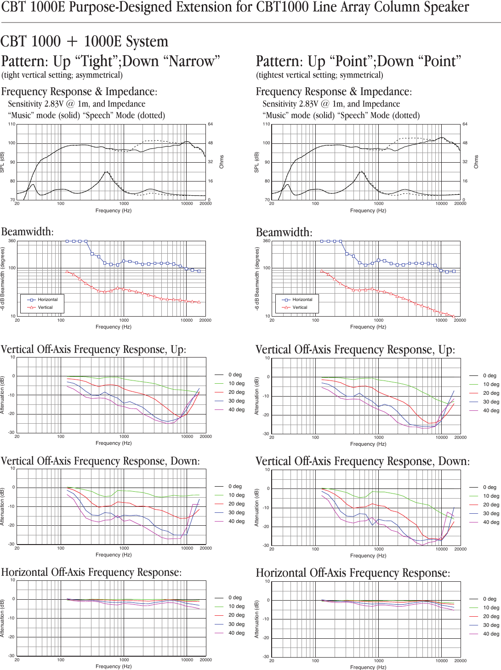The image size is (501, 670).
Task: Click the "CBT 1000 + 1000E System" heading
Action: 84,41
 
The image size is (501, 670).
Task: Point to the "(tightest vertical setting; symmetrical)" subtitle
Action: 319,75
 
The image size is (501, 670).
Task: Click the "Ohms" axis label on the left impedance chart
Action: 222,162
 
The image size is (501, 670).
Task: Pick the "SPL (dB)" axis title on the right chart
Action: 257,162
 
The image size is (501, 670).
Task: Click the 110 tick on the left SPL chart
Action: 11,124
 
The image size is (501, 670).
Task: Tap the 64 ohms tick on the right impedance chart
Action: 465,124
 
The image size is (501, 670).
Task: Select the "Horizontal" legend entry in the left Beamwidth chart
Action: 47,300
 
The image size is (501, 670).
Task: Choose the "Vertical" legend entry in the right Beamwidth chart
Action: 300,307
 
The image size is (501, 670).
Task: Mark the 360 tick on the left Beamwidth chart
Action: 12,241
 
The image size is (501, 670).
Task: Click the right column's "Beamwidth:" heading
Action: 284,233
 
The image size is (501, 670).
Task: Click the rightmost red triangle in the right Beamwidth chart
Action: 454,317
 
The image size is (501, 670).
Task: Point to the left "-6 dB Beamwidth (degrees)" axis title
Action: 3,278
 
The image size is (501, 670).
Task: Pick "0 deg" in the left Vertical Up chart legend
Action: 235,375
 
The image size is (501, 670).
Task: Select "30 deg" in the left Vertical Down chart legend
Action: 236,512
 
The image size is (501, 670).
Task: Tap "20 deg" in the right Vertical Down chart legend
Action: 491,505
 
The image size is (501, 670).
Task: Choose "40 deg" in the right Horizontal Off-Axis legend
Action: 491,634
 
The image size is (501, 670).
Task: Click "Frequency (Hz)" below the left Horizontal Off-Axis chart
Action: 114,666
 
